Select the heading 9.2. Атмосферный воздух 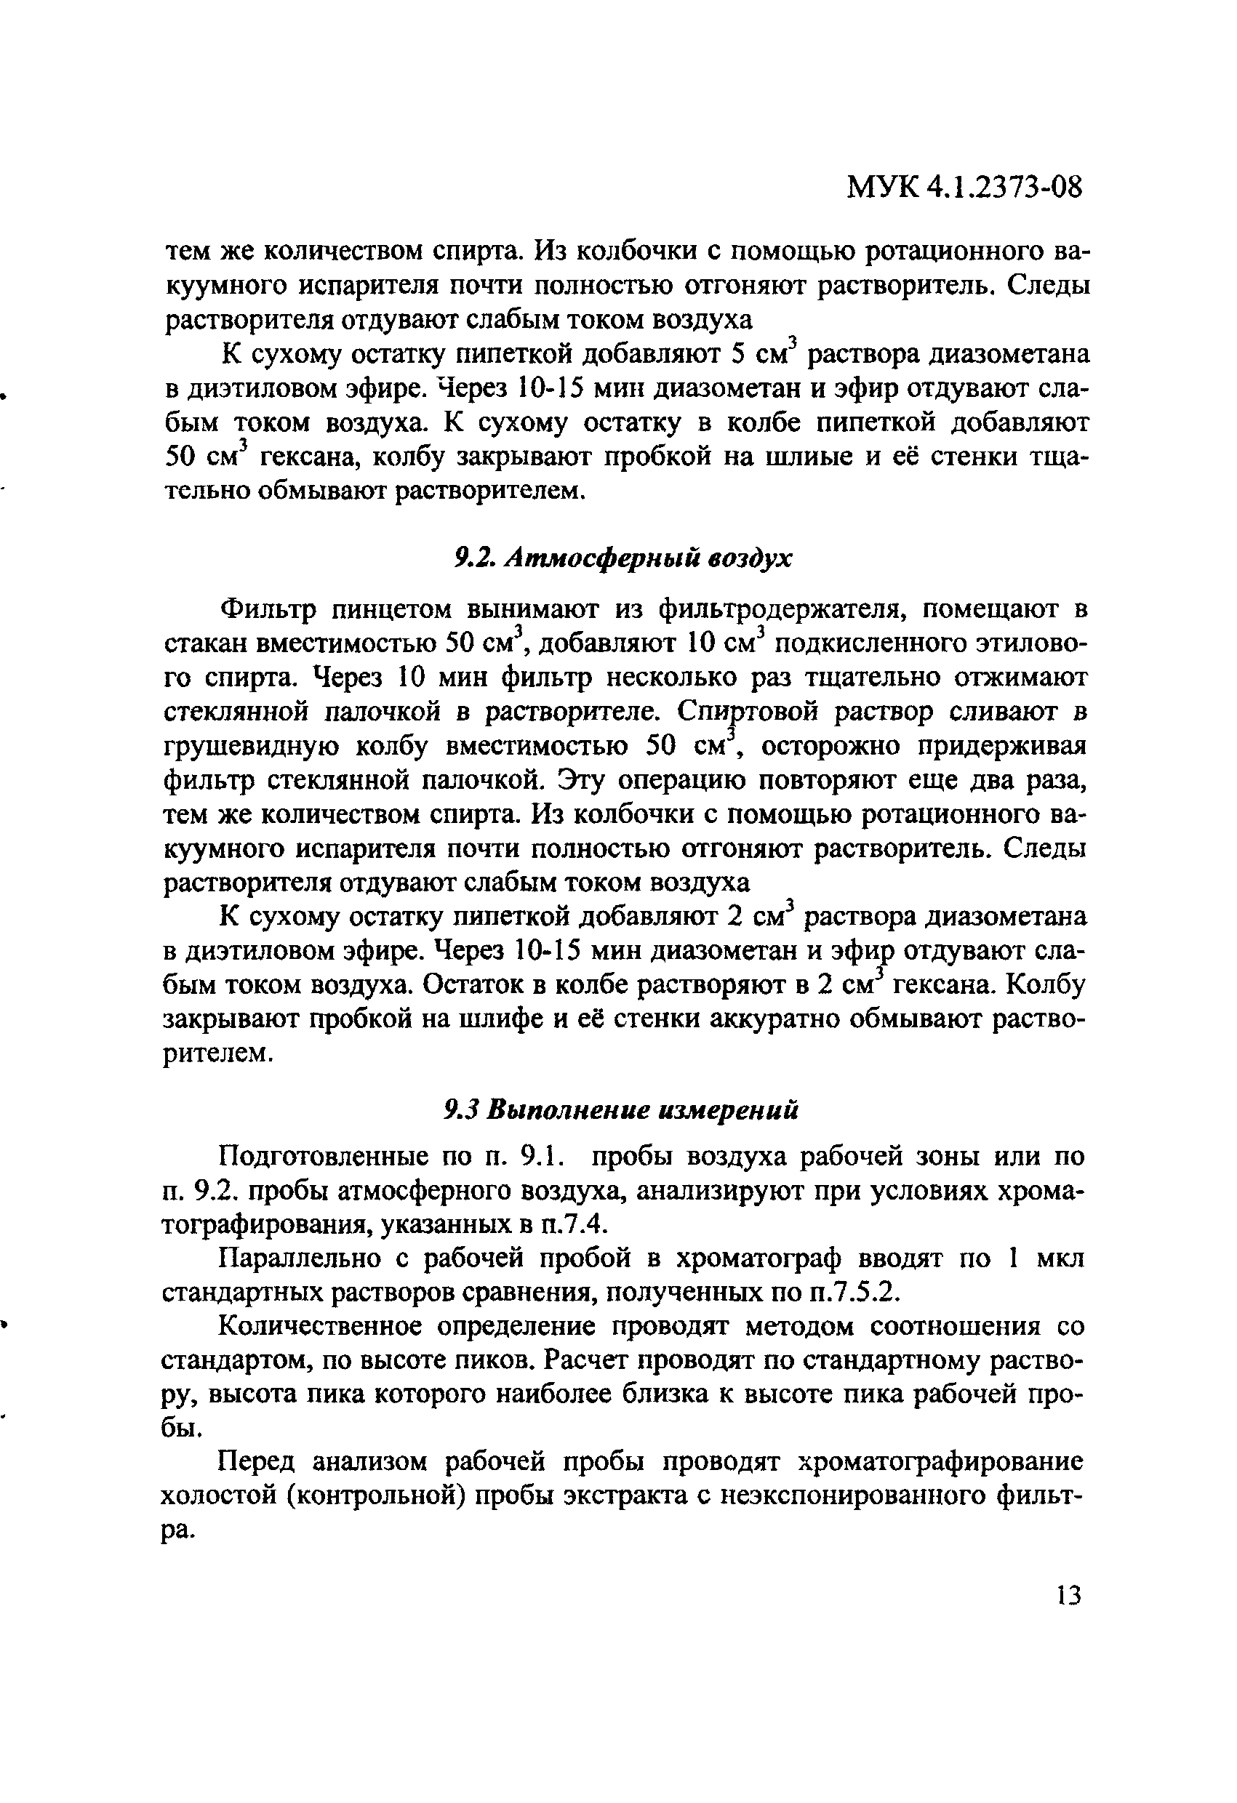[622, 558]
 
